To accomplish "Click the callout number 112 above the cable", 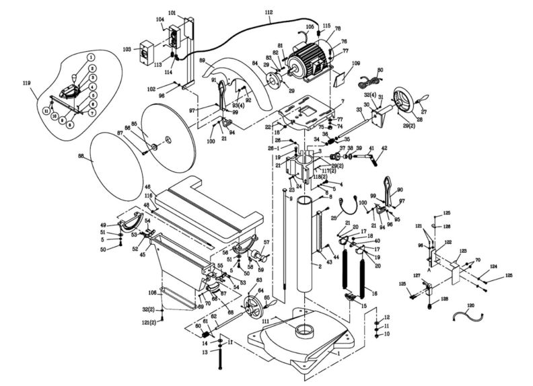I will (269, 13).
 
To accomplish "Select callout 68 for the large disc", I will (81, 157).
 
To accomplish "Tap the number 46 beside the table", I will (147, 186).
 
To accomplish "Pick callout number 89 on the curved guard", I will (201, 61).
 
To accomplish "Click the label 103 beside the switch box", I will (127, 50).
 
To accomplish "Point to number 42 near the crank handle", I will (384, 148).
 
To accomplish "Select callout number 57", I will (266, 242).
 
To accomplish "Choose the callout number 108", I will (153, 293).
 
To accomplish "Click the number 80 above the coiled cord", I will (380, 70).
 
